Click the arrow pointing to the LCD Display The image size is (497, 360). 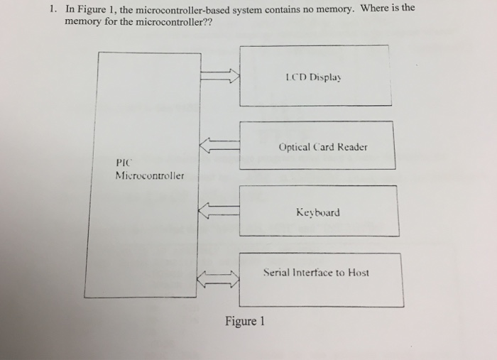[x=221, y=77]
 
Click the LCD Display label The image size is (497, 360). [x=312, y=78]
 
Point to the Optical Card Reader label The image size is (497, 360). [x=323, y=148]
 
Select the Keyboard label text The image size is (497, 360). [x=317, y=212]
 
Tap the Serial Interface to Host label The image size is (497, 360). [x=316, y=272]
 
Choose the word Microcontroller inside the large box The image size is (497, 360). [x=149, y=175]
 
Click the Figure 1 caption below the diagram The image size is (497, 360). [x=244, y=322]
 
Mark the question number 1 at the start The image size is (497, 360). [x=53, y=11]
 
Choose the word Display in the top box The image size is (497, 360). [x=324, y=78]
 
